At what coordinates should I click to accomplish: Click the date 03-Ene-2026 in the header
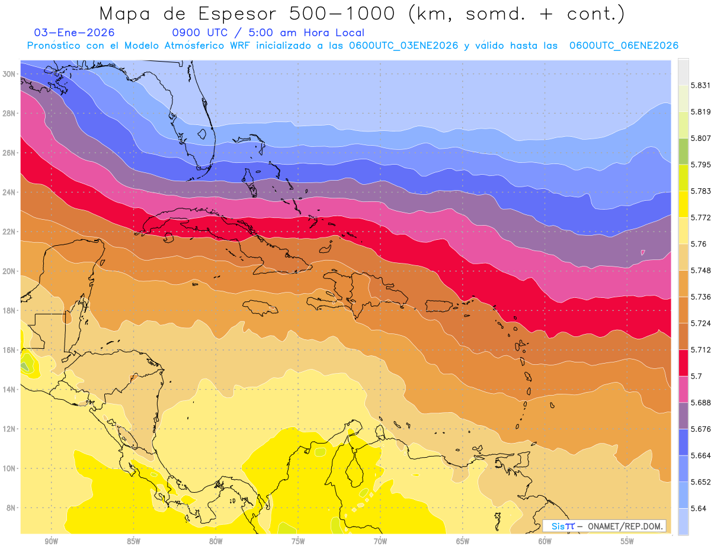click(x=75, y=33)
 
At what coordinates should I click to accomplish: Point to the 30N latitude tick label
click(x=9, y=74)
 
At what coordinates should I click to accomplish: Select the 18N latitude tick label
click(x=9, y=310)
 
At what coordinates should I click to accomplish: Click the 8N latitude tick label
click(x=11, y=508)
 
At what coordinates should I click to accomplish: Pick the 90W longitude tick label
click(x=51, y=541)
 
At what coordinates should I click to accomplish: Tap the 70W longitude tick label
click(x=380, y=541)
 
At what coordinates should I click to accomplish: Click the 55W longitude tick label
click(x=627, y=541)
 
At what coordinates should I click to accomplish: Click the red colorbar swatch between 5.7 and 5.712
click(x=683, y=363)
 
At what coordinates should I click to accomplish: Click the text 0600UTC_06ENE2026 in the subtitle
click(x=623, y=46)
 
